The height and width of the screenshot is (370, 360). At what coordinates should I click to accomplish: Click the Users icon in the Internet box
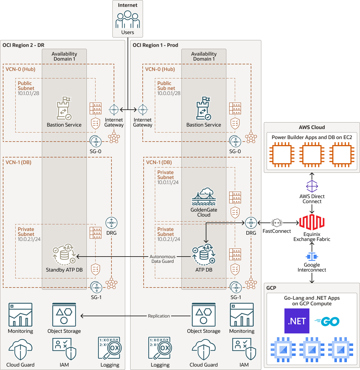pos(127,20)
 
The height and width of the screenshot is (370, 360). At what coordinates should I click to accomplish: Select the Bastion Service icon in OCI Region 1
pos(204,108)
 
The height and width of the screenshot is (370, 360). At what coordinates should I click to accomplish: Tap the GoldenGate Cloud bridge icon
pos(204,197)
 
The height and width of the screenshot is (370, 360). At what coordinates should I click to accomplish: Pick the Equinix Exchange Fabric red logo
pos(312,222)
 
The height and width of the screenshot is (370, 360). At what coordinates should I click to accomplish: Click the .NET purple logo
pos(297,321)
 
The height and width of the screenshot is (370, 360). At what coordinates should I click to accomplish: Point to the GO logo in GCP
pos(327,321)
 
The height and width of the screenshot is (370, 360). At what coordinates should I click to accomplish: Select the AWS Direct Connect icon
pos(312,186)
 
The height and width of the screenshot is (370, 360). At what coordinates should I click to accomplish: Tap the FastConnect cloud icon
pos(277,223)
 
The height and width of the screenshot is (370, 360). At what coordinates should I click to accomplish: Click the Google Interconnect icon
pos(312,257)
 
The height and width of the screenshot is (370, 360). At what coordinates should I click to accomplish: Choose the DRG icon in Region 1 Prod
pos(251,223)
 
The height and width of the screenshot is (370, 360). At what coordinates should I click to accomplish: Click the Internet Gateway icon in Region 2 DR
pos(114,110)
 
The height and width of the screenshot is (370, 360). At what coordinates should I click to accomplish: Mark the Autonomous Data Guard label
pos(162,259)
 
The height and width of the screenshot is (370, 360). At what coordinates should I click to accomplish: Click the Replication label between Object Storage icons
pos(159,316)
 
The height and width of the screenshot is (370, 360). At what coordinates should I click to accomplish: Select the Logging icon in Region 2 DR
pos(110,348)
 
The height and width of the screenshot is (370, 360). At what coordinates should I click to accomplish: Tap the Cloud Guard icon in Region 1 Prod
pos(204,350)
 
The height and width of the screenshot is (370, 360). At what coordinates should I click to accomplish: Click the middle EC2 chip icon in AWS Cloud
pos(312,155)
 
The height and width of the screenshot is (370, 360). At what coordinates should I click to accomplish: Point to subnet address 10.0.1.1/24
pos(168,182)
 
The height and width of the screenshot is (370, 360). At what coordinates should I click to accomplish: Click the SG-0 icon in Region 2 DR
pos(96,142)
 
